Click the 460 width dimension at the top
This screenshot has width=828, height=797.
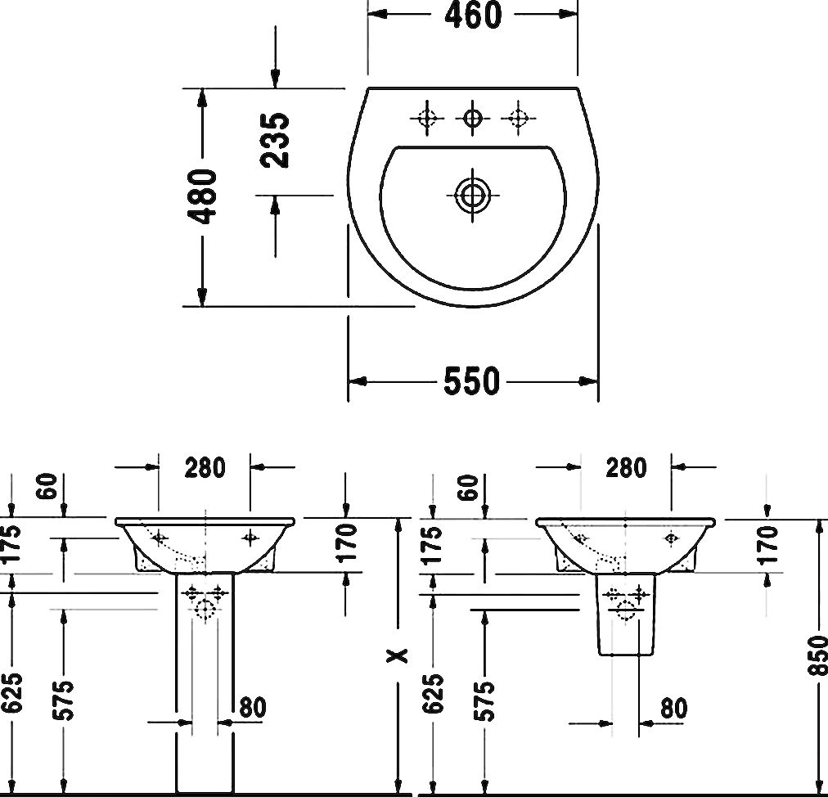click(472, 16)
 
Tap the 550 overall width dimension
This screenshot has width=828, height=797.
click(471, 380)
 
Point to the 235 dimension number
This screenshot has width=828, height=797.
click(276, 140)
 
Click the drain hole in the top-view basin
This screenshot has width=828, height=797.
click(472, 196)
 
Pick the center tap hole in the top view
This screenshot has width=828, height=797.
click(472, 118)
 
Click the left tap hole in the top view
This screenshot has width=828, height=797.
click(426, 118)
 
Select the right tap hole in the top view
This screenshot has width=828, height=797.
click(518, 118)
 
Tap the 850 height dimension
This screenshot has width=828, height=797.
click(818, 655)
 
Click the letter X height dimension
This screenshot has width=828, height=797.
click(398, 655)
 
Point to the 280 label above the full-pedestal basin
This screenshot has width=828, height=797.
click(205, 467)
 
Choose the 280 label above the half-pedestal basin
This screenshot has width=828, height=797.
click(626, 468)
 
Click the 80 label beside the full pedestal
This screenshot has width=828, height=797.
click(253, 707)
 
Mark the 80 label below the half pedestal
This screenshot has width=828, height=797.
click(673, 709)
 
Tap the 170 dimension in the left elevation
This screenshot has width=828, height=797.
click(347, 543)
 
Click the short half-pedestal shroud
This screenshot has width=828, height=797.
click(625, 615)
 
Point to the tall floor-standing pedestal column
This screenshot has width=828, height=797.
click(204, 683)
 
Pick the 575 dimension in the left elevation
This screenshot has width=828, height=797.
click(63, 700)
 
